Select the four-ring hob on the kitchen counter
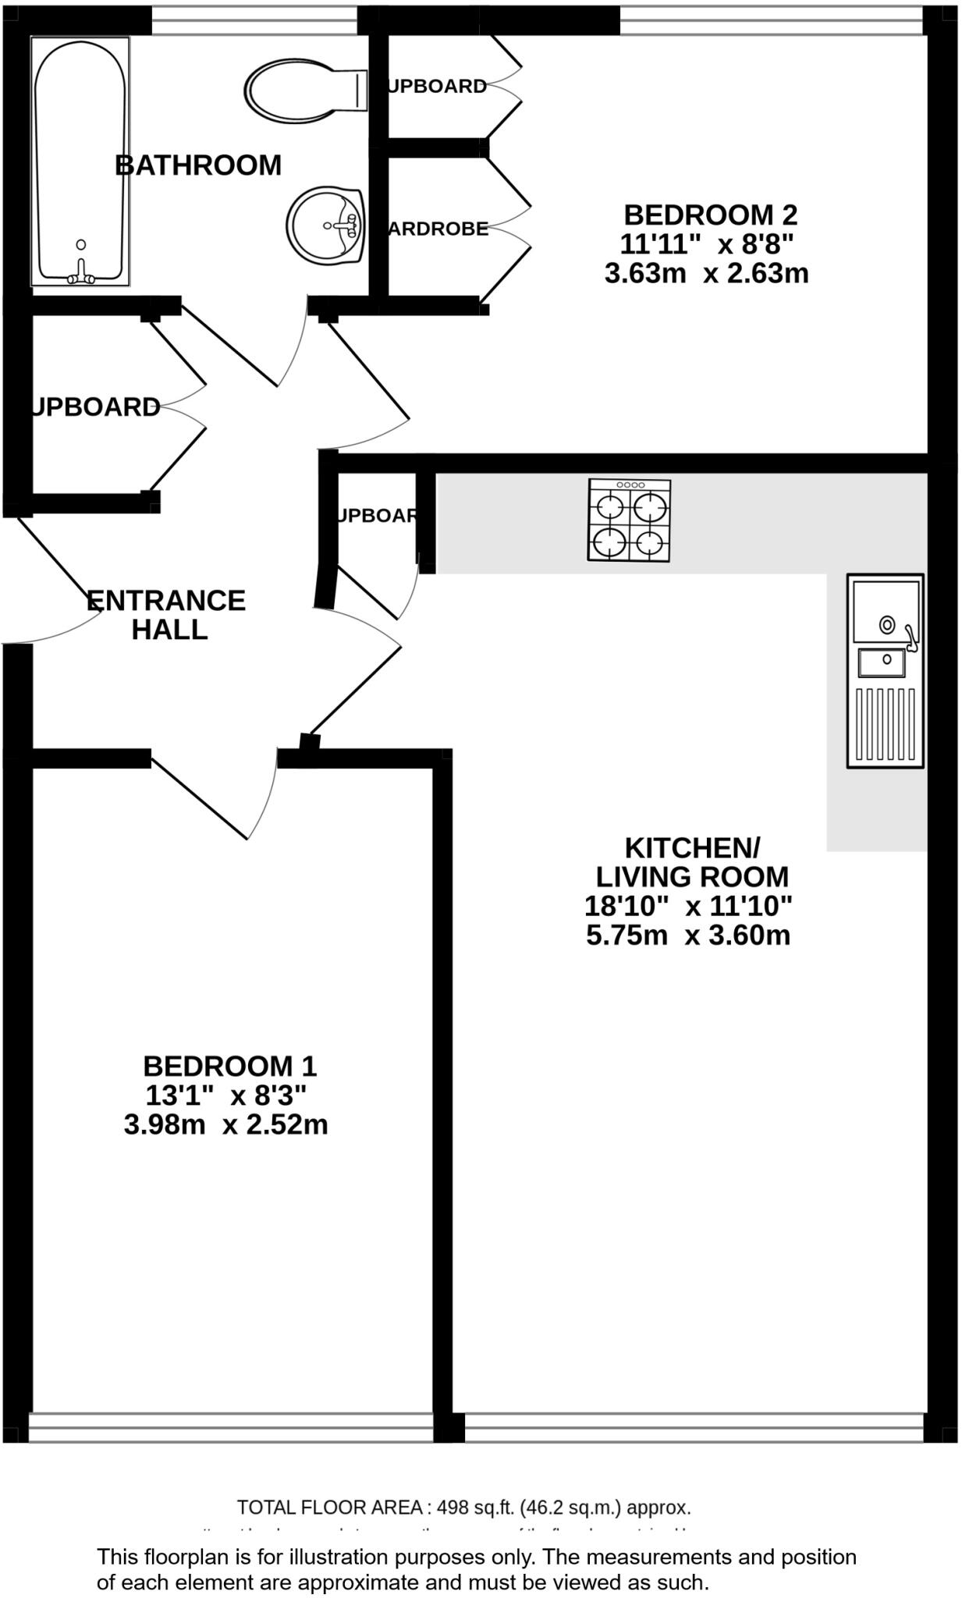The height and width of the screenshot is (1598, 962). point(629,520)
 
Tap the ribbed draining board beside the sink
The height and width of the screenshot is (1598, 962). point(886,723)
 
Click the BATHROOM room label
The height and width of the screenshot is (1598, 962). point(198,165)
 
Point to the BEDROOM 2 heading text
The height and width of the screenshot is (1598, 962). point(710,215)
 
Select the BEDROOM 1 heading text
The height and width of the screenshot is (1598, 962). point(229,1066)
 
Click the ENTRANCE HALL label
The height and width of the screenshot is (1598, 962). point(166,615)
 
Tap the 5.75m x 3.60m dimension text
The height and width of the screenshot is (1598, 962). point(688,935)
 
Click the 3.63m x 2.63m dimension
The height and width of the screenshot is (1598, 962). point(706,274)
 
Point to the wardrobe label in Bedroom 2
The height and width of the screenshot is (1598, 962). point(439,229)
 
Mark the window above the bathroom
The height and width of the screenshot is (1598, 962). point(254,21)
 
